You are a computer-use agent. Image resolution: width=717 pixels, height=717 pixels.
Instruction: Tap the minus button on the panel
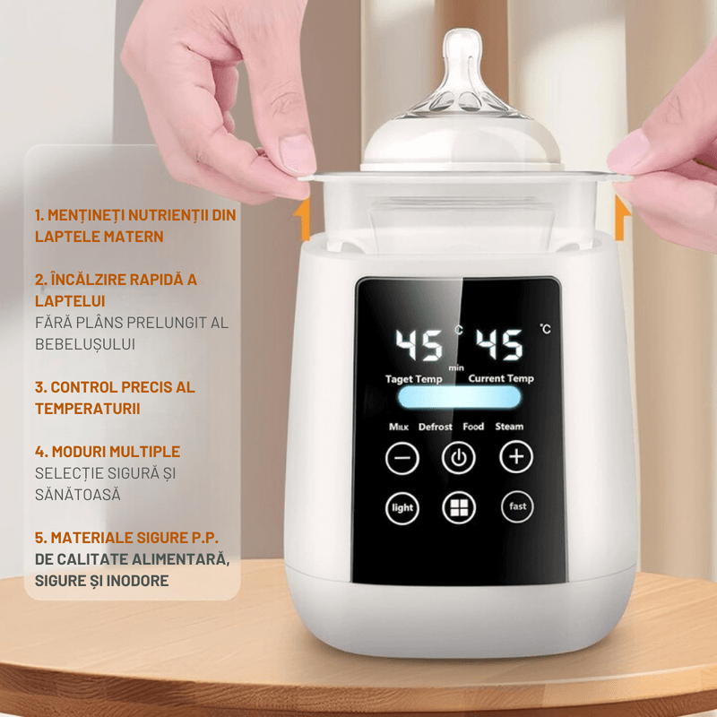[x=402, y=458]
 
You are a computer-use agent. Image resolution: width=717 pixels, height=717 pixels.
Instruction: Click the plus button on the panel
[x=515, y=458]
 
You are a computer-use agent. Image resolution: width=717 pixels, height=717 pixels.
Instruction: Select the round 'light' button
[x=402, y=508]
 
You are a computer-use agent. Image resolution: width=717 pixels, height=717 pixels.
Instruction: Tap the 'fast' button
[x=517, y=507]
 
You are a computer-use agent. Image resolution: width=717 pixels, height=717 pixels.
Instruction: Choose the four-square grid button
[x=459, y=508]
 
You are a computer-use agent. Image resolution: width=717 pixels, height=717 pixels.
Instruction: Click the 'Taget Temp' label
[x=413, y=379]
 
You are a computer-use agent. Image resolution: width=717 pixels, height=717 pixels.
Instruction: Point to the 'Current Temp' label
[x=501, y=379]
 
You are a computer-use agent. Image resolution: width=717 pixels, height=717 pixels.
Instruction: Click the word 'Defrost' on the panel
[x=436, y=427]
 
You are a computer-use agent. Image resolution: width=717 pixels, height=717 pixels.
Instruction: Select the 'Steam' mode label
[x=509, y=427]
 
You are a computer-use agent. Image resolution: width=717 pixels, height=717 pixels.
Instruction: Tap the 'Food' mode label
[x=473, y=427]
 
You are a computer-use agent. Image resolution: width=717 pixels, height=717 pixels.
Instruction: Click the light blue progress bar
[x=459, y=398]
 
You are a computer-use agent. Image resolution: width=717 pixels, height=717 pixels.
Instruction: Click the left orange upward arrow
[x=304, y=221]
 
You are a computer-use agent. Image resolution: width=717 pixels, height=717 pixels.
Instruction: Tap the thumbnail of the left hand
[x=297, y=153]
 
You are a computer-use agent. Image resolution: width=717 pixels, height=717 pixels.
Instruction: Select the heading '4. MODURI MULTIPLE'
[x=108, y=451]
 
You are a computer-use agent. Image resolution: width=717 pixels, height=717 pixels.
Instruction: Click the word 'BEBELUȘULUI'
[x=88, y=343]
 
